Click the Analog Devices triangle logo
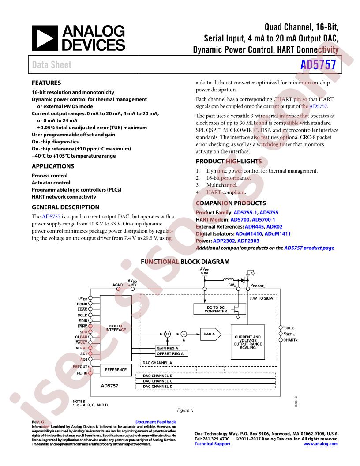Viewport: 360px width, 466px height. point(45,38)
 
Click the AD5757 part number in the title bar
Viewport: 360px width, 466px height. point(318,64)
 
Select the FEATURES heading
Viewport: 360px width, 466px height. point(46,83)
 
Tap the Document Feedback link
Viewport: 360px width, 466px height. point(155,422)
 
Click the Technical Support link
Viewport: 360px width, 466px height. point(212,443)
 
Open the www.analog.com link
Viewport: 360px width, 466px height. point(320,443)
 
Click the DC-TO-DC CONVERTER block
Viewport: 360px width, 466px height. point(220,309)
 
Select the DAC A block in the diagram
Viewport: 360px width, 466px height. point(211,334)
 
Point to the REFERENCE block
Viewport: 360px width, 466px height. point(116,370)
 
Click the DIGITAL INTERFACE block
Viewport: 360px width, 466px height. point(116,328)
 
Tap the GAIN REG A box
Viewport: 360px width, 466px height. point(168,348)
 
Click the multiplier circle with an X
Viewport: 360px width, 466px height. point(168,334)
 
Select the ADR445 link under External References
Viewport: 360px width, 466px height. point(254,226)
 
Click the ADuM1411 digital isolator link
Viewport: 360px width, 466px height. point(277,233)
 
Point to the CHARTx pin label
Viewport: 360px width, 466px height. point(290,340)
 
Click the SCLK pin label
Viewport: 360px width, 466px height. point(82,315)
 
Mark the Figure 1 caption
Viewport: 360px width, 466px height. point(185,410)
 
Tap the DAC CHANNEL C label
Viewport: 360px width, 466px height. point(158,381)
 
